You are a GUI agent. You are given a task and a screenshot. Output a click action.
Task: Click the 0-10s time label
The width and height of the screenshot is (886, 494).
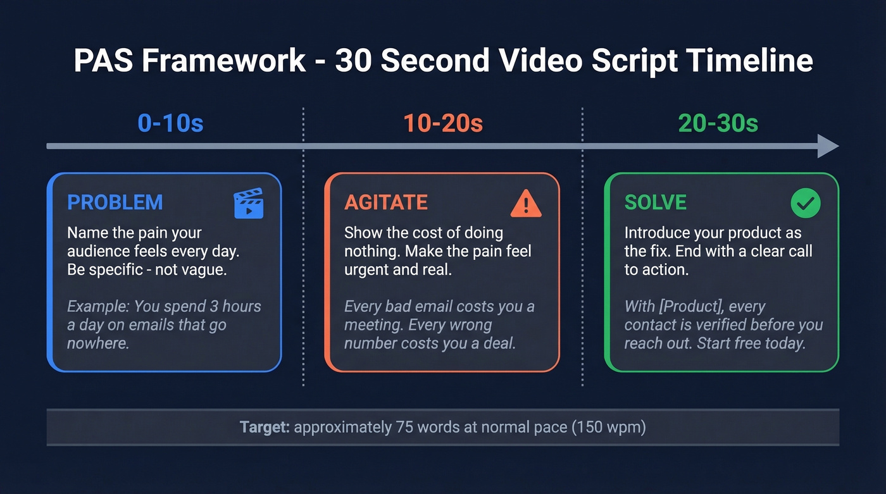171,123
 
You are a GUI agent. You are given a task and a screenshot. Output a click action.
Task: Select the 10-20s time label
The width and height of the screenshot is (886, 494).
443,123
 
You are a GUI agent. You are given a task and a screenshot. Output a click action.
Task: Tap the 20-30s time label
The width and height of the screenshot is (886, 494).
718,123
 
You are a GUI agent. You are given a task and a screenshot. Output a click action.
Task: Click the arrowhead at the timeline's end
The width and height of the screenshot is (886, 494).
828,146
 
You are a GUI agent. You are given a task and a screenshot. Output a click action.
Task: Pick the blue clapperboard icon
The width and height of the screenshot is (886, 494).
249,203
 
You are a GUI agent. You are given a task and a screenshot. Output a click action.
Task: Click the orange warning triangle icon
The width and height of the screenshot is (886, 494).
525,203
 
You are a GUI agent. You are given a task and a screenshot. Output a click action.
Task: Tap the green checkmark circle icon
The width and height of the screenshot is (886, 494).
806,203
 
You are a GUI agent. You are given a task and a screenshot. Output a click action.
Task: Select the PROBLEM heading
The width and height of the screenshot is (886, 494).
115,202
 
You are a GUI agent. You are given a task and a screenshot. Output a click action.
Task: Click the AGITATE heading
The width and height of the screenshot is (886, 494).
386,202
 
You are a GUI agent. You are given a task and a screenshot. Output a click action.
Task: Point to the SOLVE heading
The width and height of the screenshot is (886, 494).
656,202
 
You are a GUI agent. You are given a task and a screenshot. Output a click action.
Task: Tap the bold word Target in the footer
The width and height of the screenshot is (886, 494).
265,427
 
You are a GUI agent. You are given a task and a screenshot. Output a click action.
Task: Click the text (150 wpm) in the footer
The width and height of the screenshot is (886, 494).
609,427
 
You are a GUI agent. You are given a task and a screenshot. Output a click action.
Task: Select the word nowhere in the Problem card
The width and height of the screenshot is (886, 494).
98,344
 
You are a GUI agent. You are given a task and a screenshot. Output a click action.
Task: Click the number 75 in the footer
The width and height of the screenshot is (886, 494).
404,427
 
